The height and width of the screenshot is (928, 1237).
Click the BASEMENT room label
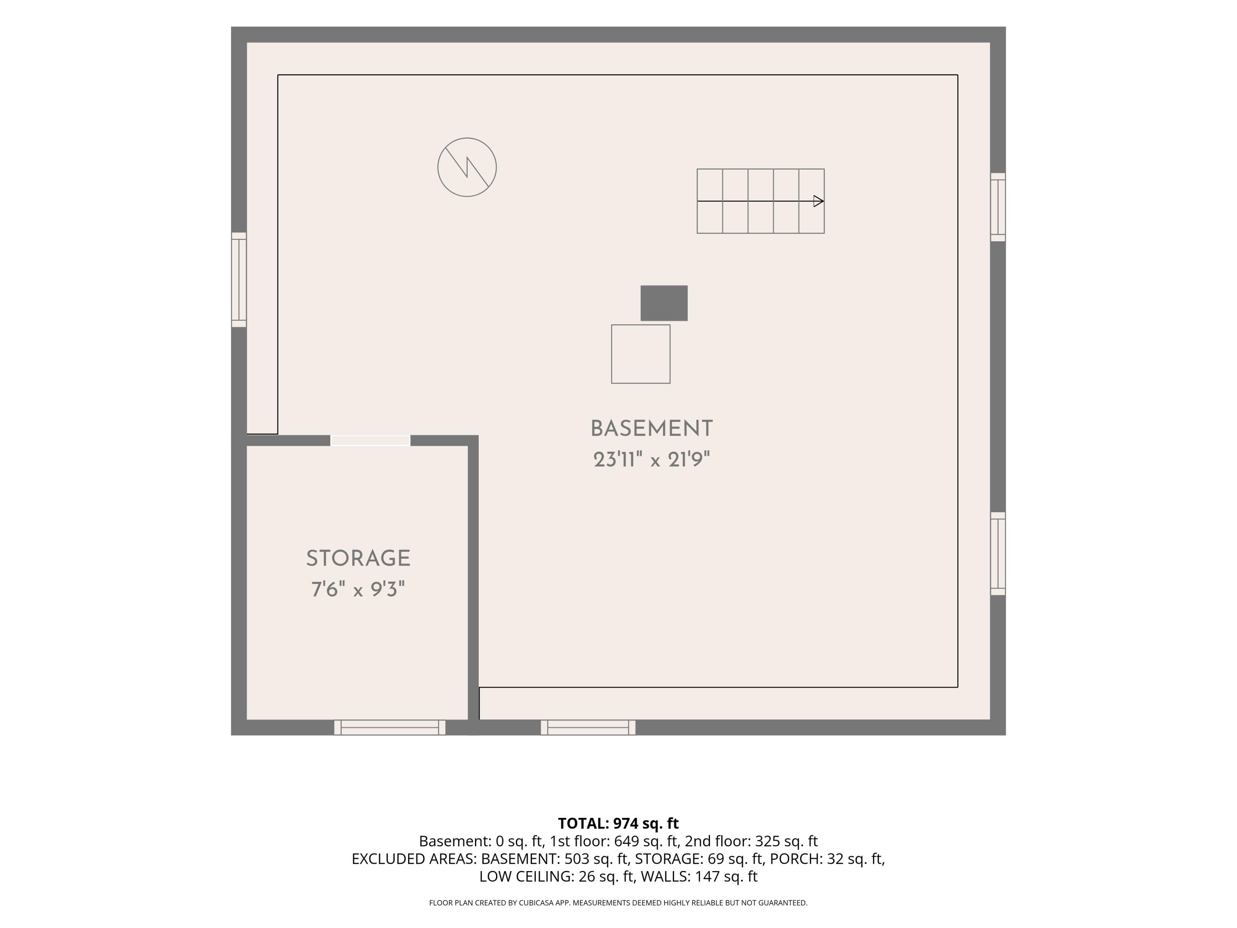(x=651, y=429)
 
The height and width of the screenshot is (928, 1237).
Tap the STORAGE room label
(x=358, y=558)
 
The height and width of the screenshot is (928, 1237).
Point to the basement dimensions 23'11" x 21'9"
(x=651, y=460)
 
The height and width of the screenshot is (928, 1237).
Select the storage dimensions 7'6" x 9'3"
(x=358, y=589)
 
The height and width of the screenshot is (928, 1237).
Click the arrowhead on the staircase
(x=818, y=201)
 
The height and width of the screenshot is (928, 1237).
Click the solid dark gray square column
(x=664, y=303)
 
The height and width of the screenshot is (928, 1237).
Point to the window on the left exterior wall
(x=239, y=280)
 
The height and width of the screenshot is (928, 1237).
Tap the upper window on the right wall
(x=998, y=207)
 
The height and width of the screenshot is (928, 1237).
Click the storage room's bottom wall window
(x=390, y=727)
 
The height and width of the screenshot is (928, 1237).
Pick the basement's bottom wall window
(x=588, y=727)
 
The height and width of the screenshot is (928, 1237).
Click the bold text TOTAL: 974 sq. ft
(x=618, y=823)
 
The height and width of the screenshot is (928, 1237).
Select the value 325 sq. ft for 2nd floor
(x=786, y=841)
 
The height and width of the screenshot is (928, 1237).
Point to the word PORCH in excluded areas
(x=795, y=859)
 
